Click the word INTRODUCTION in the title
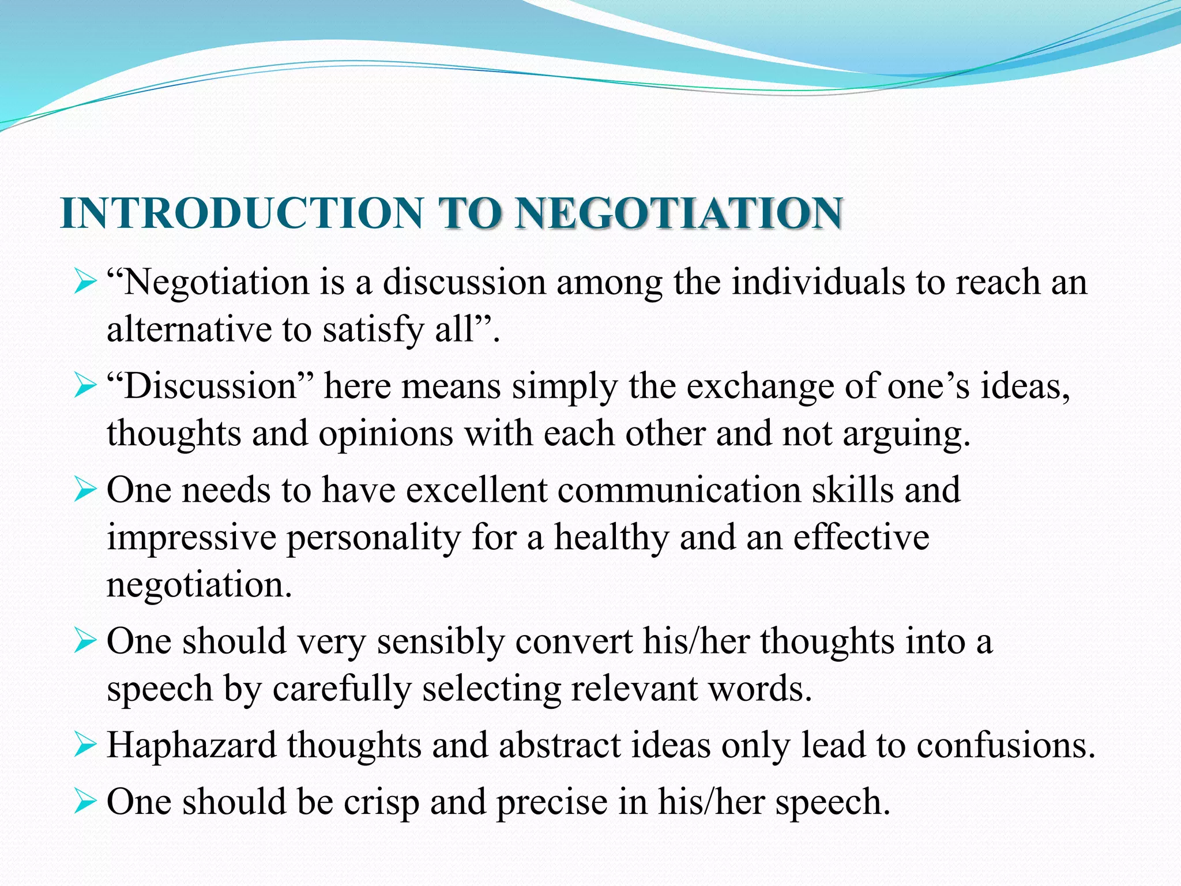242,213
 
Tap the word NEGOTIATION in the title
679,213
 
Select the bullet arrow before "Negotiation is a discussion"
85,283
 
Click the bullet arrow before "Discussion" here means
85,387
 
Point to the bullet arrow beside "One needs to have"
85,491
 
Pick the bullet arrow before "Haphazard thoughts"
85,746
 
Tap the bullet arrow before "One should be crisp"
85,802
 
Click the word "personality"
374,538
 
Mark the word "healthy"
611,538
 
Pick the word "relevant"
634,689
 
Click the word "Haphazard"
191,746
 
